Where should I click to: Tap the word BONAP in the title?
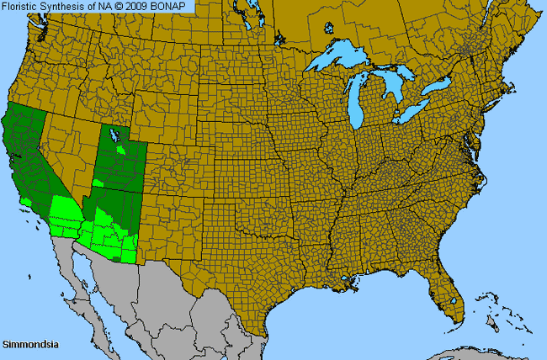pyautogui.click(x=172, y=7)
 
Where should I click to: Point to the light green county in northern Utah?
pyautogui.click(x=123, y=150)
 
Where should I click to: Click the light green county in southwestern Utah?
pyautogui.click(x=99, y=182)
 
